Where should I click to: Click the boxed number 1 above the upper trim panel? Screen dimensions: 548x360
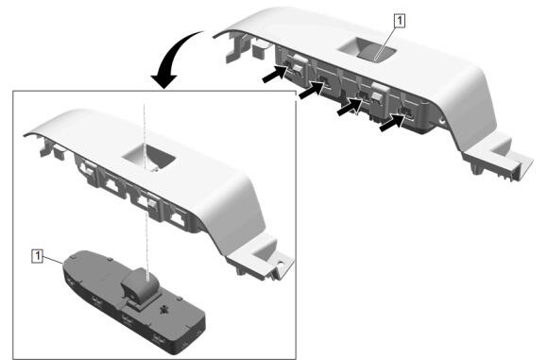point(400,21)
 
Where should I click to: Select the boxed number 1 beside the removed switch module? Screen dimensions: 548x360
point(38,256)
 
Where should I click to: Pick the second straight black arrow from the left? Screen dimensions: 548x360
point(311,91)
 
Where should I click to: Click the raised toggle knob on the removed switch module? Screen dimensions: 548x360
point(140,284)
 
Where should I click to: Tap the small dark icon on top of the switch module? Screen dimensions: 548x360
point(163,309)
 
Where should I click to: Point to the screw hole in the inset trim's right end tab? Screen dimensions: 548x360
point(280,262)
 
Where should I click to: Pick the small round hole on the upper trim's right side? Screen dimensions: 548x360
point(442,123)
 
